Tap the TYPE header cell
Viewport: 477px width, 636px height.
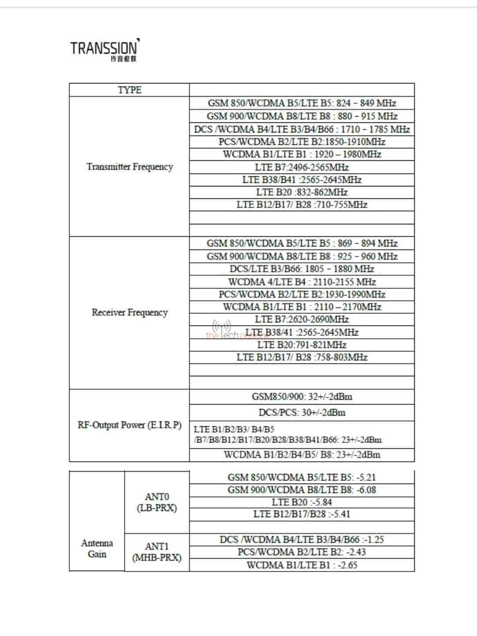(x=129, y=90)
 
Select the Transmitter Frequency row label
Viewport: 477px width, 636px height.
(x=129, y=167)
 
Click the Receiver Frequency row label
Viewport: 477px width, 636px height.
(x=129, y=313)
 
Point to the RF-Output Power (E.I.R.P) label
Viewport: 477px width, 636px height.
(x=129, y=425)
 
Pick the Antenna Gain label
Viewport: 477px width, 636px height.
(x=97, y=549)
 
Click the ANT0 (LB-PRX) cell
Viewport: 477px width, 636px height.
(x=157, y=502)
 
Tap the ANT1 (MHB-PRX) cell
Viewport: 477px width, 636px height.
(x=157, y=552)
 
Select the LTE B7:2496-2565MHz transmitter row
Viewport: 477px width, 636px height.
(x=302, y=167)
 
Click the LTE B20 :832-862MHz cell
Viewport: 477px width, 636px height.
(x=302, y=192)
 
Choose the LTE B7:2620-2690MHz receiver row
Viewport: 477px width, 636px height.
(x=302, y=319)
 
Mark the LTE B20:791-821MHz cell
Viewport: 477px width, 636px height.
(x=302, y=345)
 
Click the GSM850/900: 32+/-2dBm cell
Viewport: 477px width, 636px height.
(x=302, y=397)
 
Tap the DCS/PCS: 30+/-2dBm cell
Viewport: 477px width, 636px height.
(x=302, y=413)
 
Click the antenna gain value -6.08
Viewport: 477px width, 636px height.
(x=366, y=490)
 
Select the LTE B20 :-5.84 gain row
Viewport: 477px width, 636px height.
(x=302, y=502)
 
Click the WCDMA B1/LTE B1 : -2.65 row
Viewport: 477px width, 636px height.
(x=302, y=565)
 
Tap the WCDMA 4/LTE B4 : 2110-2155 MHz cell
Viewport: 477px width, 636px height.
(x=302, y=282)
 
